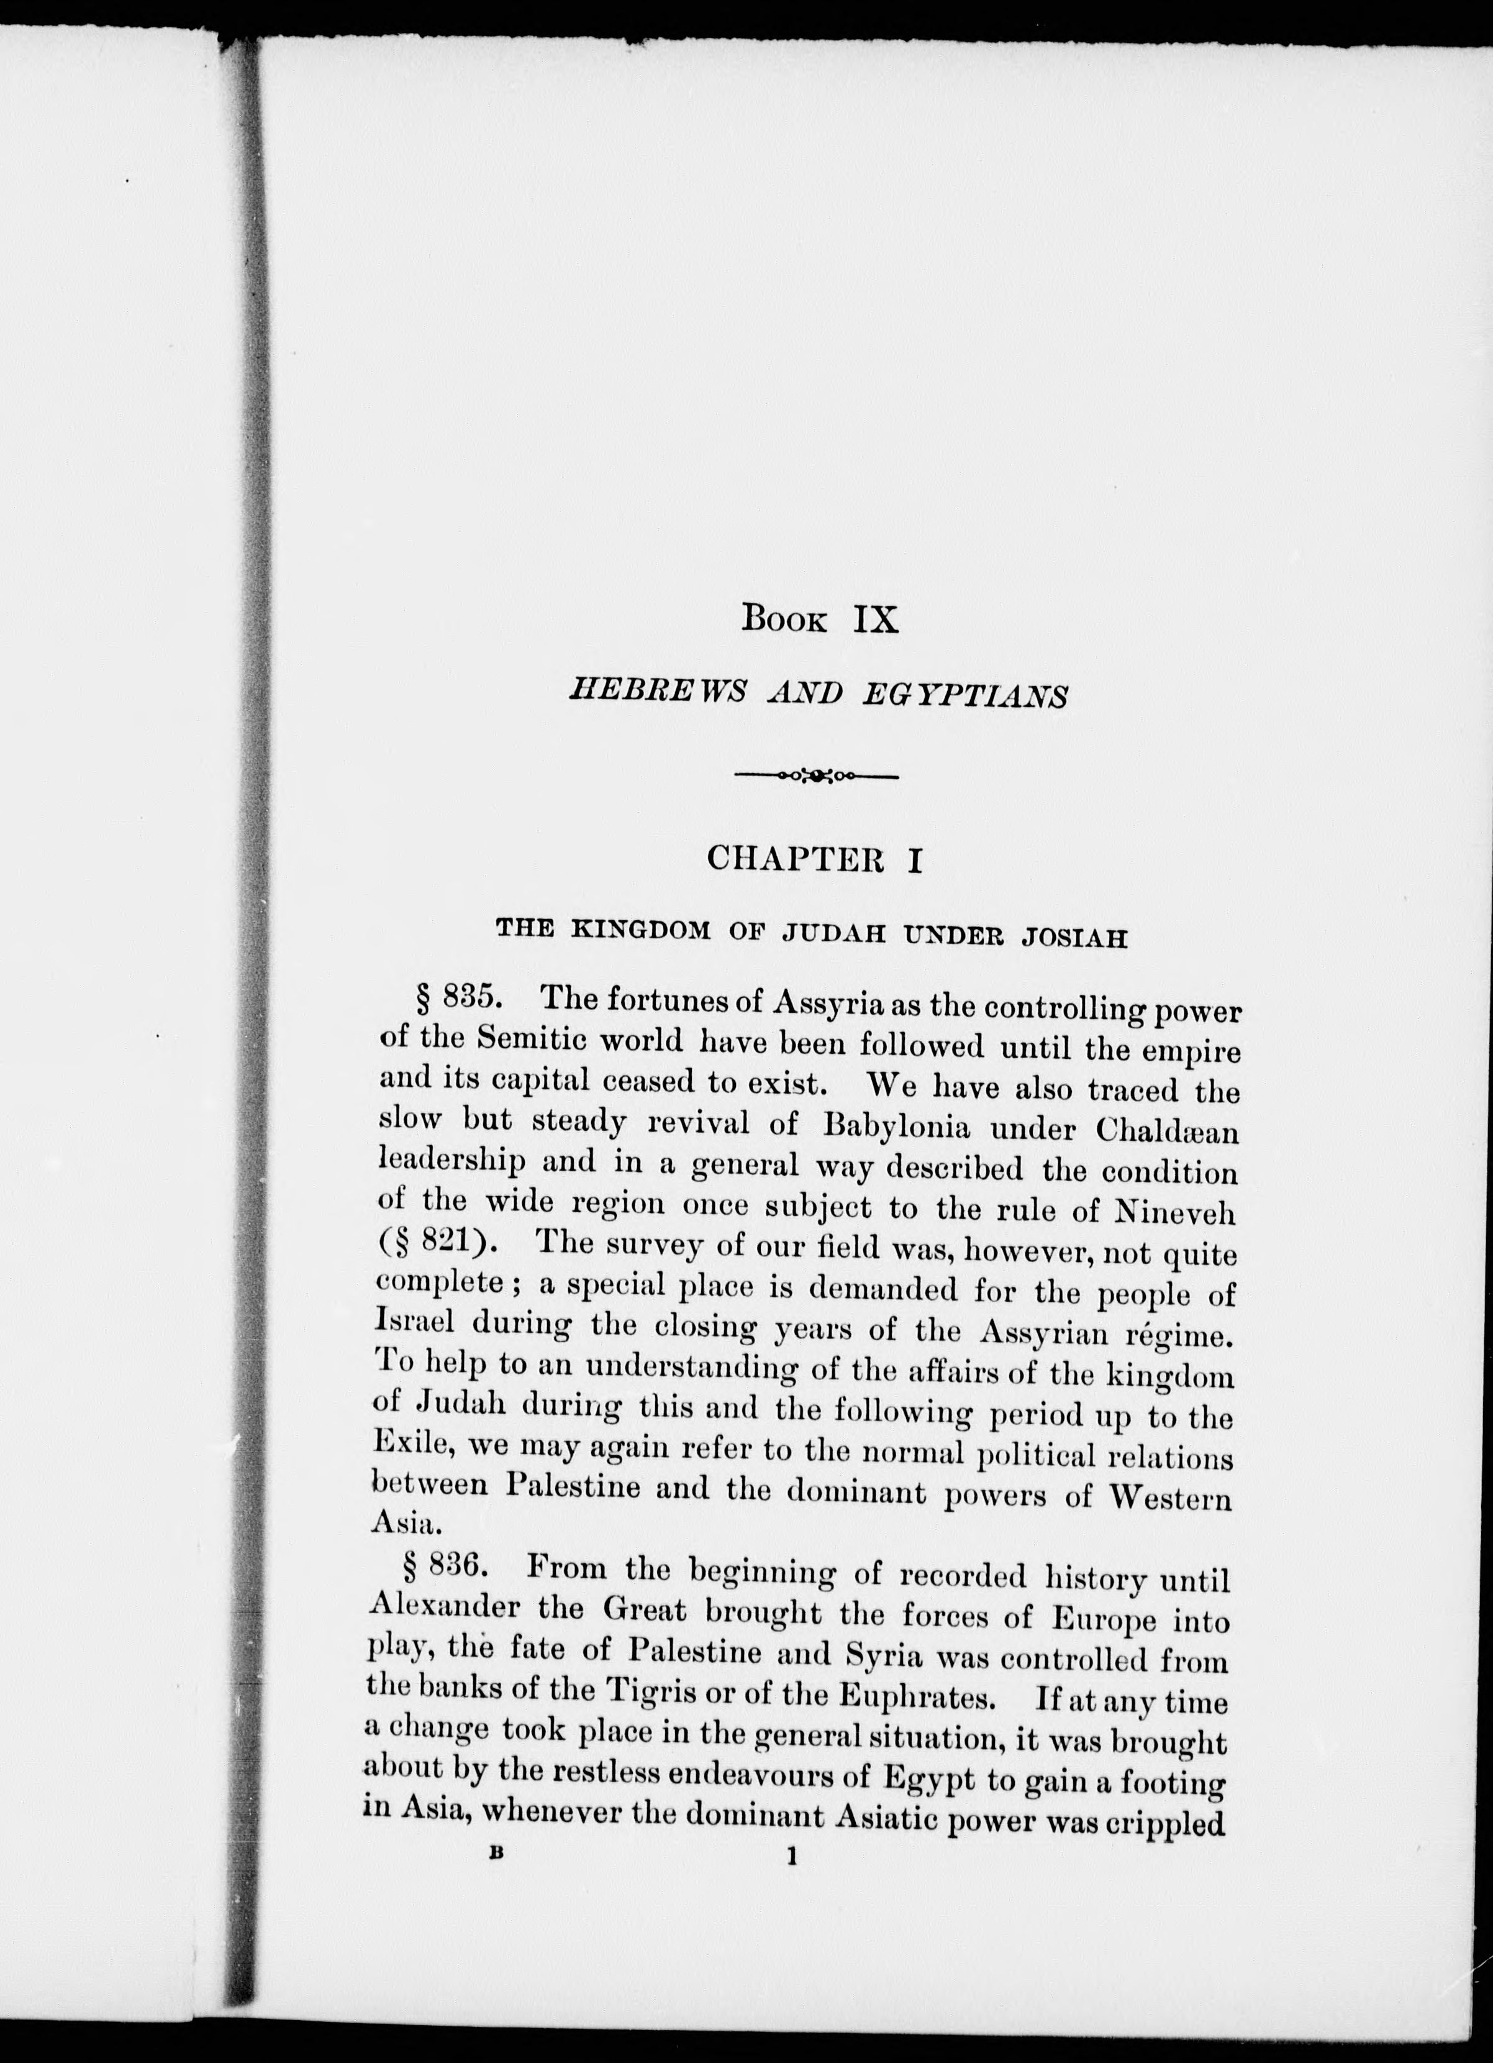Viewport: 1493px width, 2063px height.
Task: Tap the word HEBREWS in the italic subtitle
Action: coord(656,696)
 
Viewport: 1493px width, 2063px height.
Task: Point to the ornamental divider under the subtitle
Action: coord(815,776)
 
